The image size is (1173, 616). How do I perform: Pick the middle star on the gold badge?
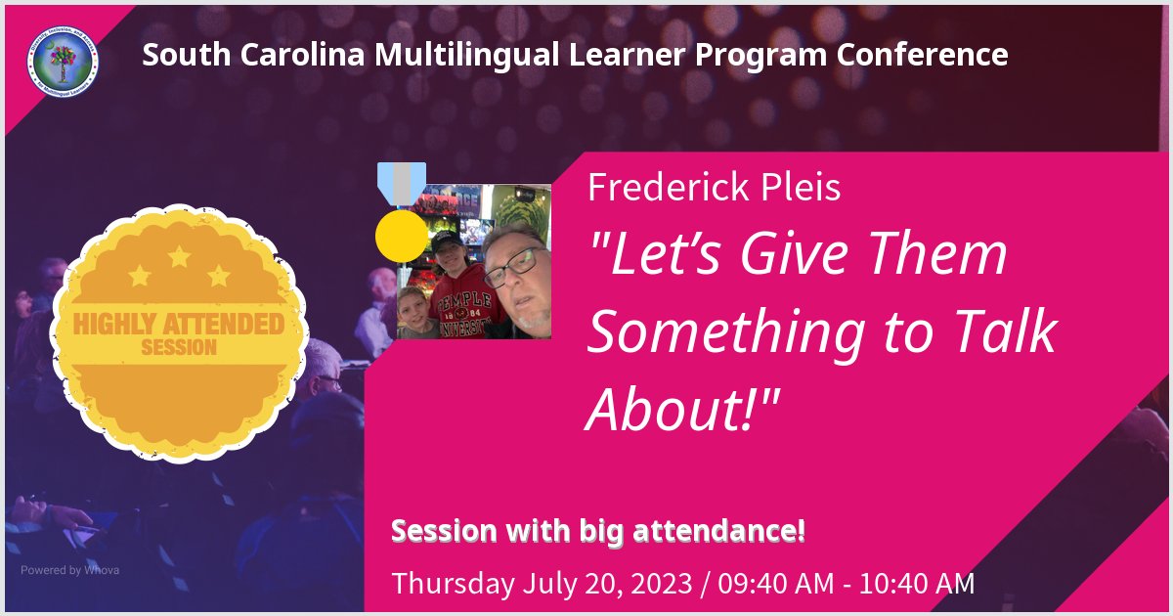(x=180, y=258)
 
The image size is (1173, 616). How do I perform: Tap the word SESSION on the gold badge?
(x=180, y=347)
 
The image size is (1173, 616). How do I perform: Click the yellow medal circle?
(x=402, y=235)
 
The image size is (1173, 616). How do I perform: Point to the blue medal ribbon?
(x=402, y=183)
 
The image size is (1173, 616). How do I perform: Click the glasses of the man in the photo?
(x=512, y=266)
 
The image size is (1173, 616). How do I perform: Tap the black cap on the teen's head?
(x=448, y=239)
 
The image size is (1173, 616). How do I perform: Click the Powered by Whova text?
(x=69, y=570)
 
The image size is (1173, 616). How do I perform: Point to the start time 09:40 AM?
(x=777, y=584)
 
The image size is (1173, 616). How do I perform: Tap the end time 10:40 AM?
(x=918, y=584)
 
